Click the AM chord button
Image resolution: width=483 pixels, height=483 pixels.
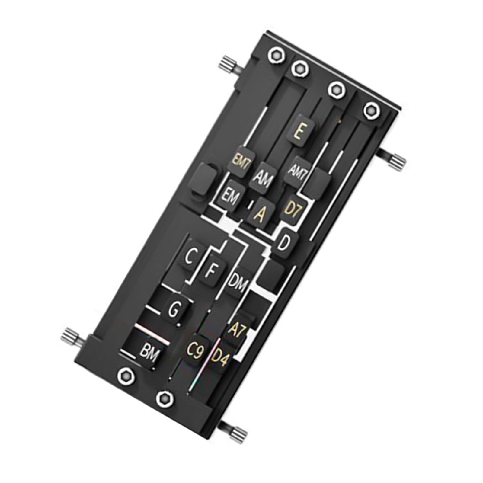click(261, 179)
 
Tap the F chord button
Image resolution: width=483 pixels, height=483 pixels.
click(212, 270)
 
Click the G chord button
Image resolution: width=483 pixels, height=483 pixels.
click(175, 309)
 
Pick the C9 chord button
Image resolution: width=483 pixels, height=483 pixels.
click(195, 352)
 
